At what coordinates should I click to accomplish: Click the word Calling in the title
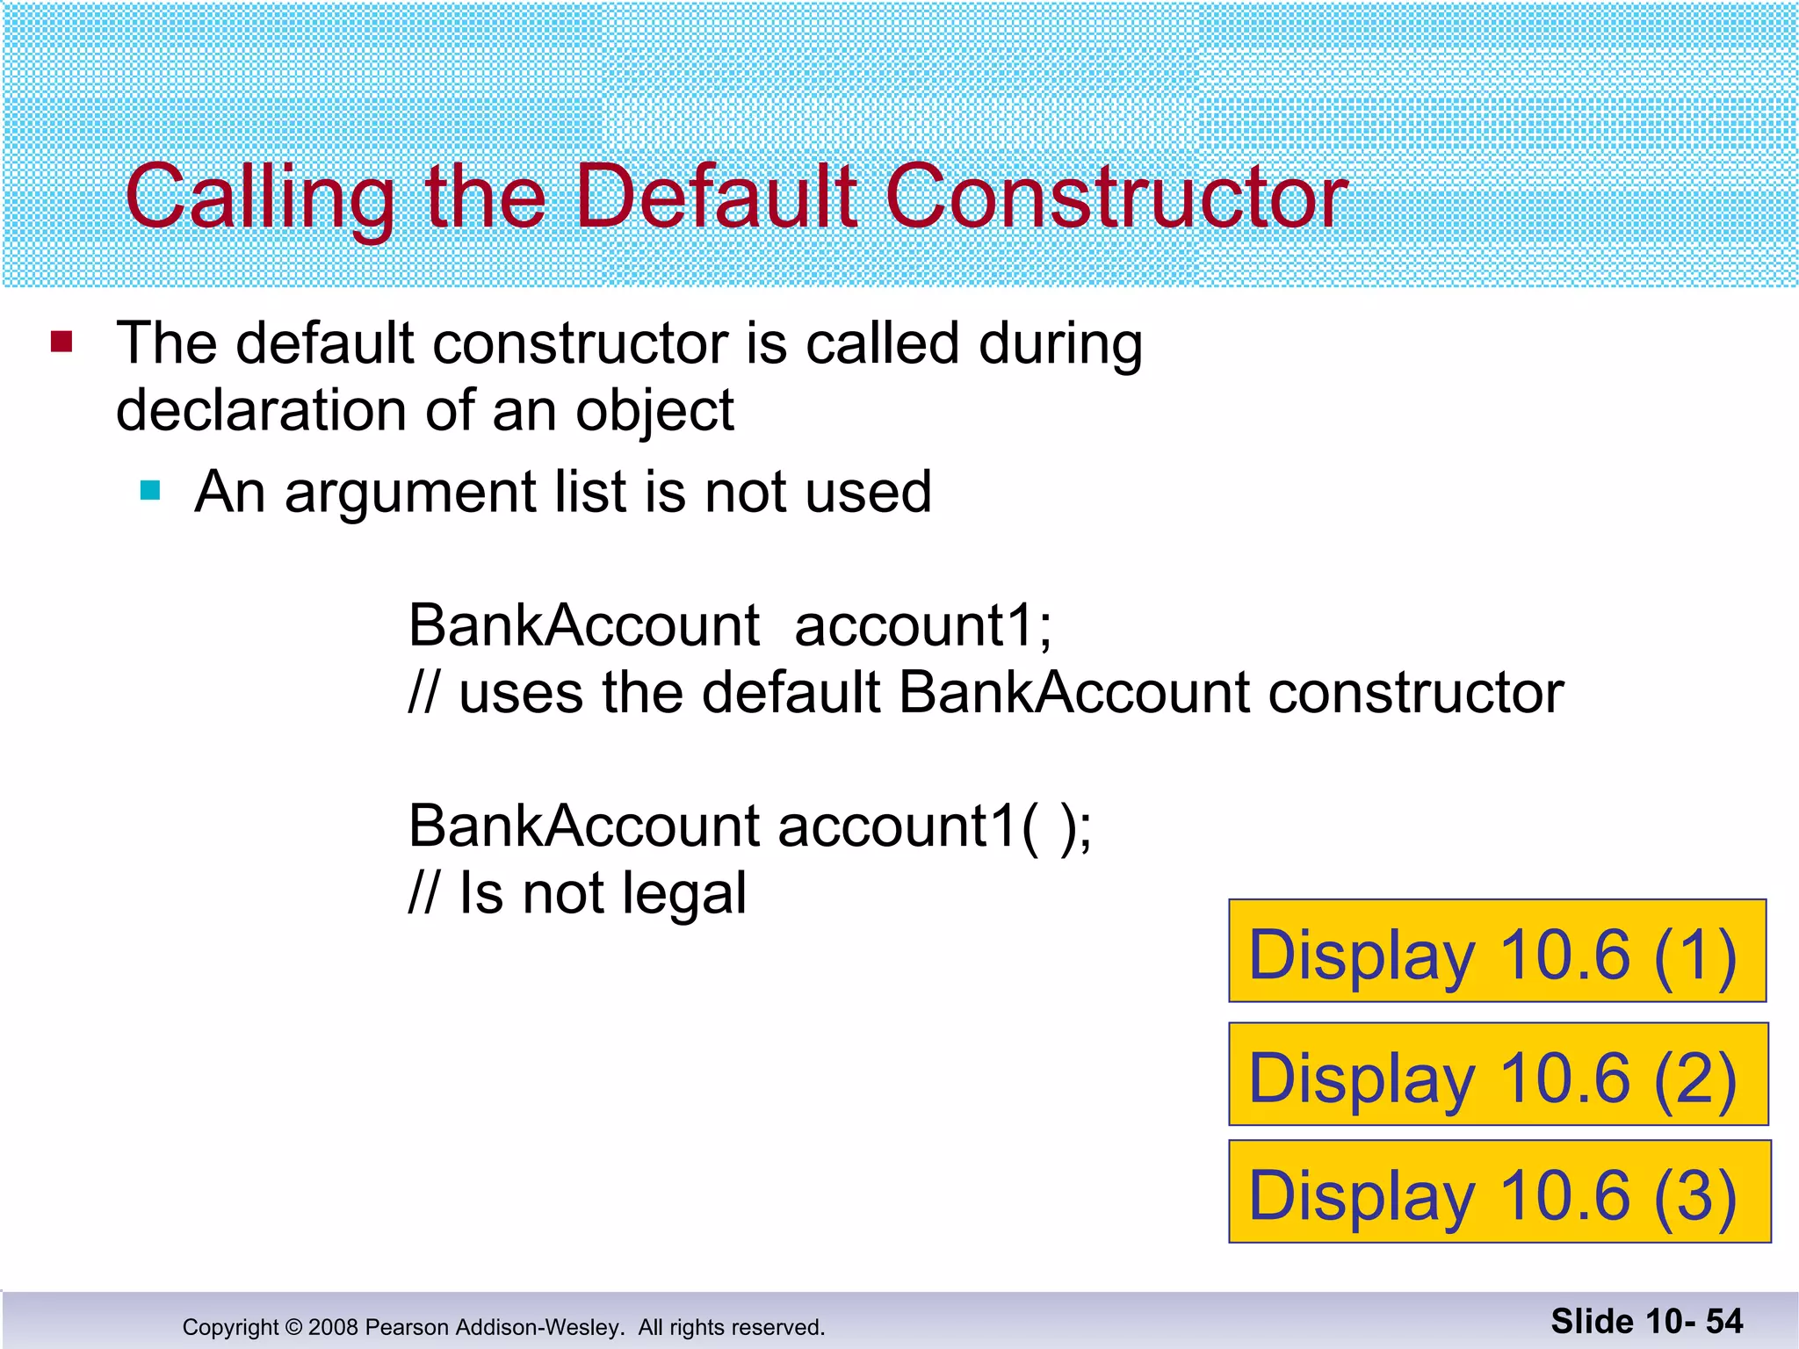click(x=260, y=198)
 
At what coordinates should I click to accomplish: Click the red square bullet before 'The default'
click(x=61, y=341)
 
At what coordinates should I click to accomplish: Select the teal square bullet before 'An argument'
click(x=150, y=490)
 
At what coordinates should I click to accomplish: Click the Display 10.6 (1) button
click(x=1497, y=951)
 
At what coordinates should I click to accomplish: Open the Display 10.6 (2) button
click(x=1497, y=1074)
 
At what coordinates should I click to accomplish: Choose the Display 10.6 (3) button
click(x=1499, y=1192)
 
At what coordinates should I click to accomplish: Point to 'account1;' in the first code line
click(x=922, y=625)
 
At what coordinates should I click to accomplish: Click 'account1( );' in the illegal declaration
click(x=934, y=826)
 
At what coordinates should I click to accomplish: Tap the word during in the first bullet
click(x=1059, y=343)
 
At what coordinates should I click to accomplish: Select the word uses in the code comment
click(x=520, y=693)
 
